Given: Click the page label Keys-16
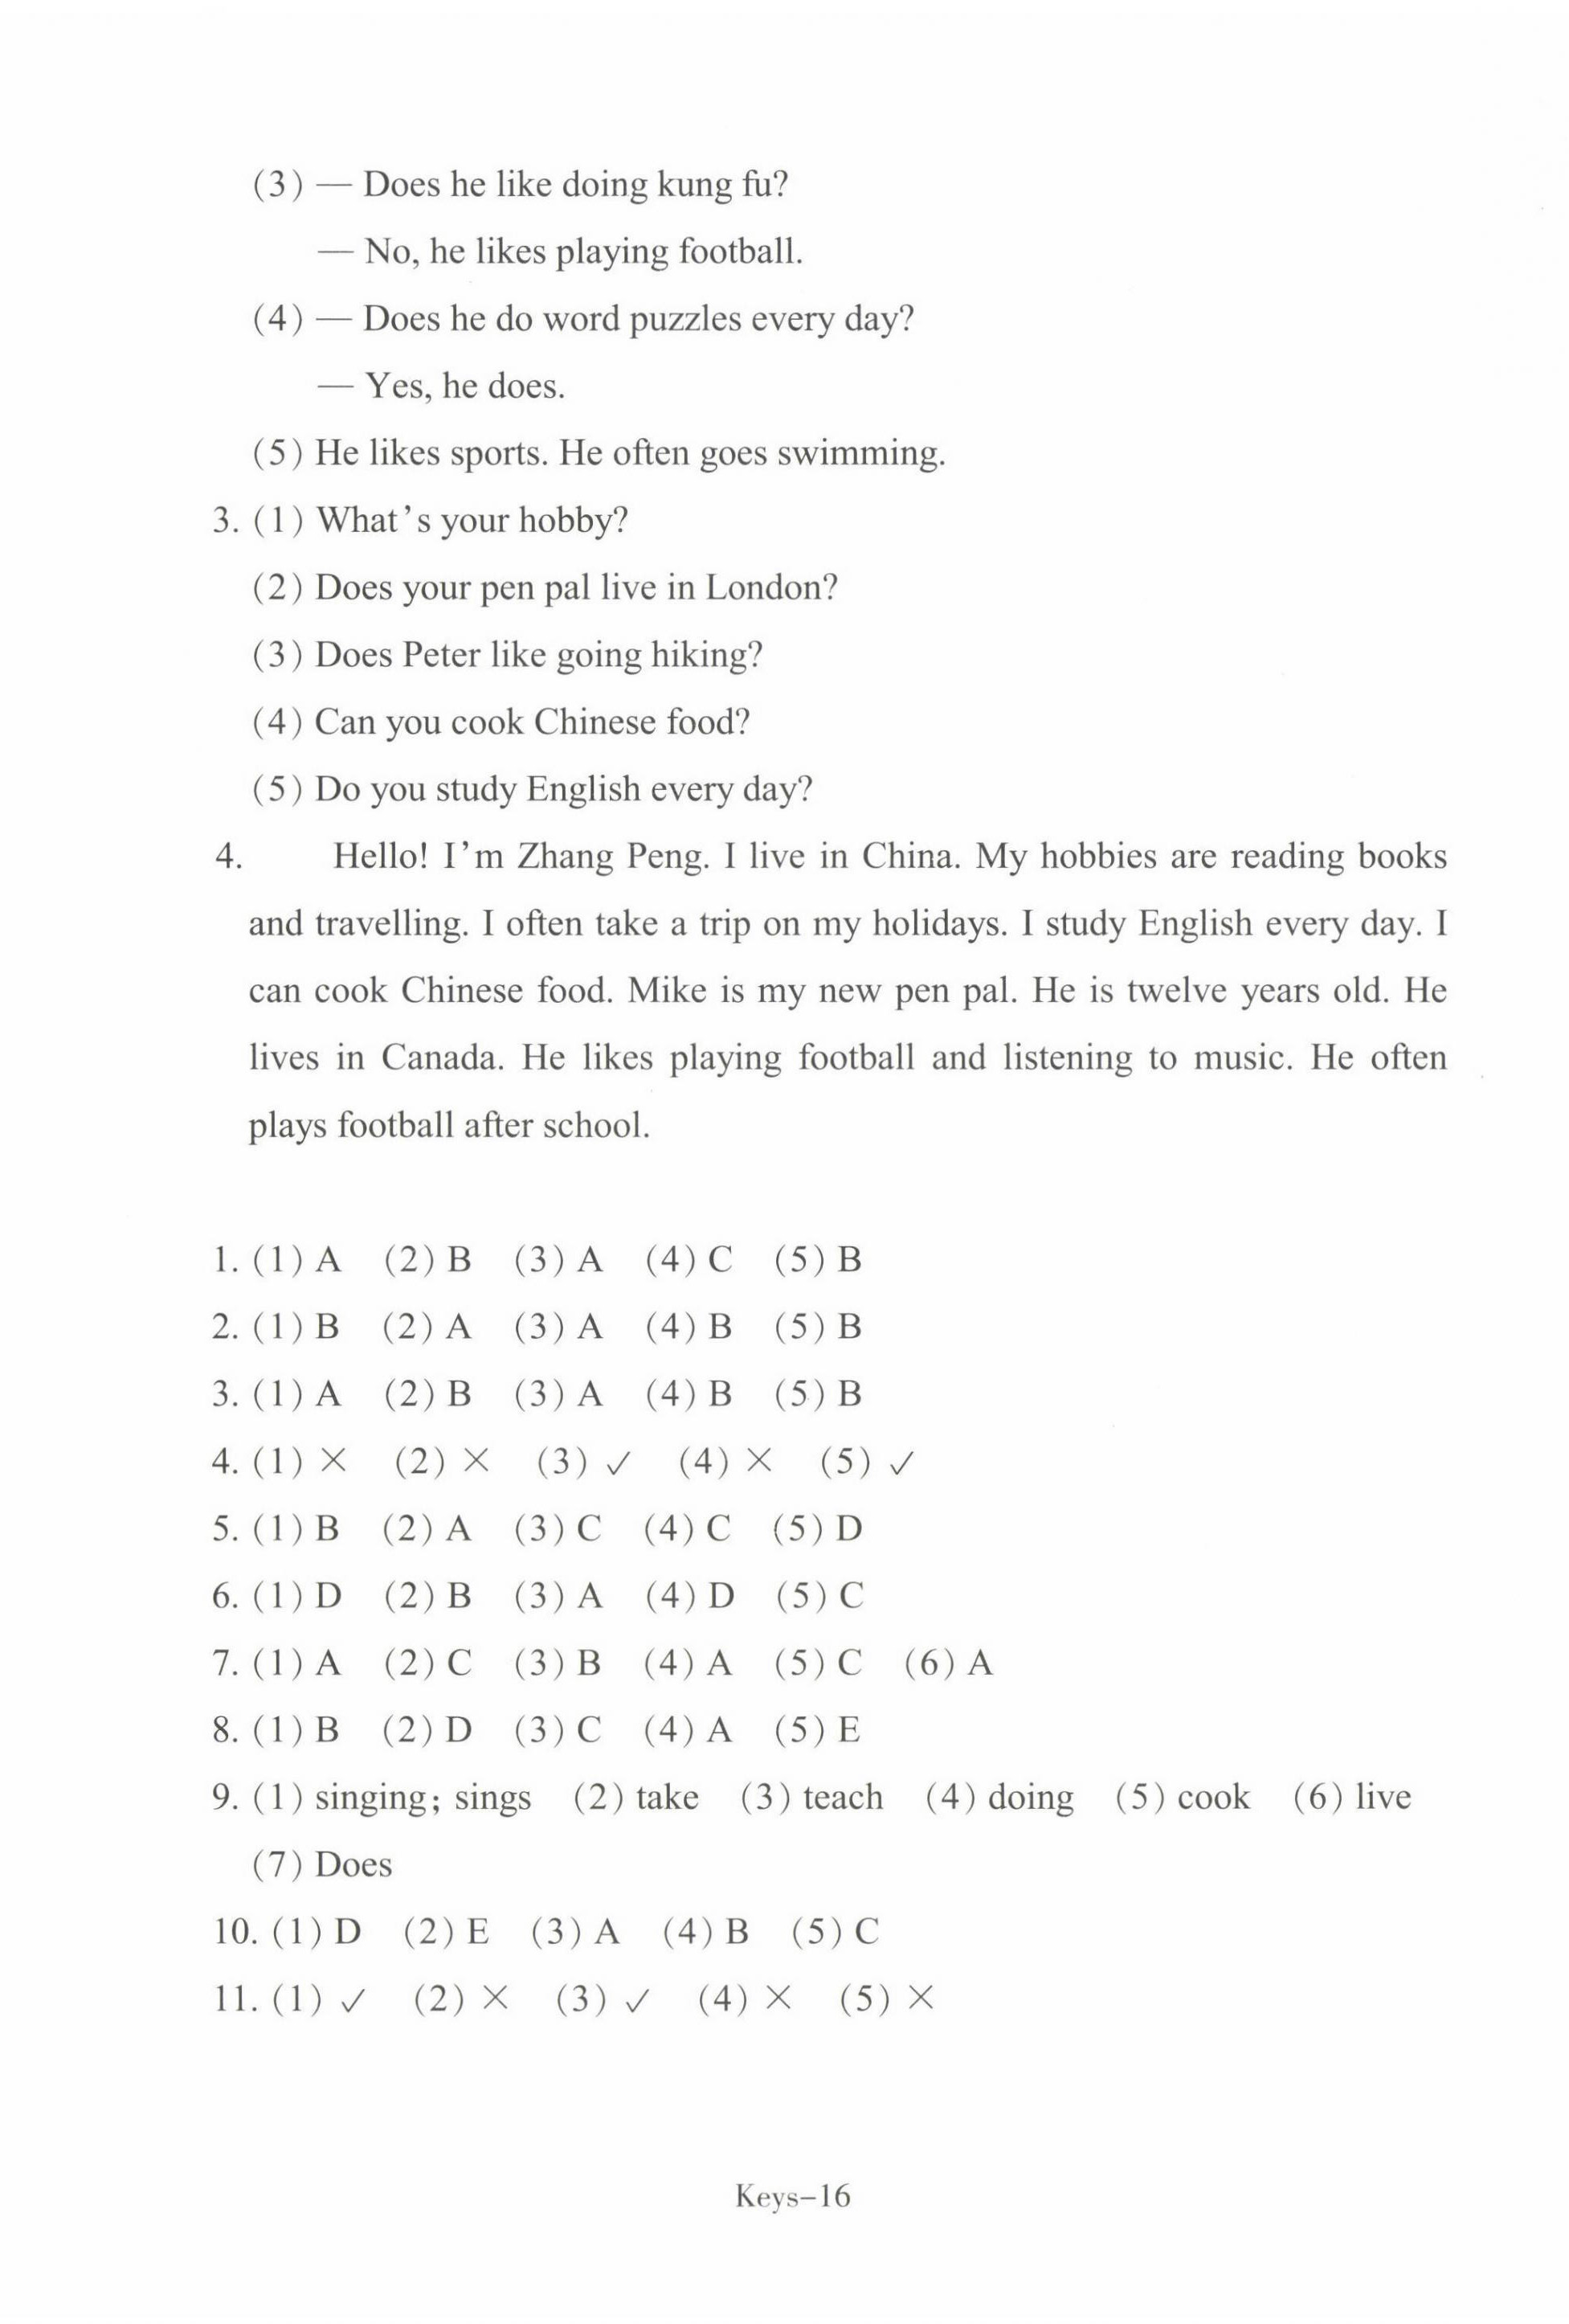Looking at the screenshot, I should click(792, 2196).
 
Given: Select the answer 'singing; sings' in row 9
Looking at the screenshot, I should click(422, 1798).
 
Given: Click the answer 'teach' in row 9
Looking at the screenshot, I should click(842, 1798).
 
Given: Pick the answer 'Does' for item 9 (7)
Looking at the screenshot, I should click(352, 1865).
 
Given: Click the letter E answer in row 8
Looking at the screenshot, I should click(848, 1730).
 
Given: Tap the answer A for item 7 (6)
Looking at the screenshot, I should click(979, 1663).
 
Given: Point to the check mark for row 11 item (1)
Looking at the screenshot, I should click(353, 2001).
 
